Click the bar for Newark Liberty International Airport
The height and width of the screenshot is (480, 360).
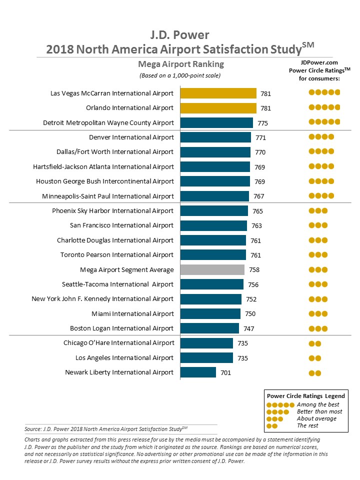[x=198, y=372]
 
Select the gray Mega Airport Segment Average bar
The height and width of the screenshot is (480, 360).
[x=212, y=269]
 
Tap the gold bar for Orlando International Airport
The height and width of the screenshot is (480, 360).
[x=218, y=108]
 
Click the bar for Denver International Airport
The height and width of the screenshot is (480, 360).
[x=215, y=137]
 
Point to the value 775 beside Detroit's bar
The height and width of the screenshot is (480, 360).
[x=261, y=123]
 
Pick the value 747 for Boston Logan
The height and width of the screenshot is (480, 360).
[x=248, y=328]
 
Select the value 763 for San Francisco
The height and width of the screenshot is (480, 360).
[x=256, y=225]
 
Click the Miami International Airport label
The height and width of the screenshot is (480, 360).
[x=132, y=313]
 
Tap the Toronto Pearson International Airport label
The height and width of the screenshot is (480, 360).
[x=117, y=255]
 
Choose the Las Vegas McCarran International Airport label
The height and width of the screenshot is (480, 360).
[x=112, y=93]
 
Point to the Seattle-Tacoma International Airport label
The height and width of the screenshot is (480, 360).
[x=117, y=284]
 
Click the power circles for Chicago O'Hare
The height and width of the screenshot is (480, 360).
[x=315, y=343]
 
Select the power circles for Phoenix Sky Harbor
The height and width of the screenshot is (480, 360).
[x=318, y=211]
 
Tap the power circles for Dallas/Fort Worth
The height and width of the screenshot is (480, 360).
[x=321, y=152]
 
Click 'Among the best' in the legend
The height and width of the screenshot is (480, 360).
[x=318, y=404]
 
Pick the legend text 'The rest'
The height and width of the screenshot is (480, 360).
[x=308, y=425]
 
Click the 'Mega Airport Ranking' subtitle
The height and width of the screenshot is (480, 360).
[x=181, y=64]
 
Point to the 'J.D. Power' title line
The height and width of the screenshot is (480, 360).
[x=180, y=35]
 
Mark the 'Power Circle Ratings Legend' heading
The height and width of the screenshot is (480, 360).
[x=305, y=396]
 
